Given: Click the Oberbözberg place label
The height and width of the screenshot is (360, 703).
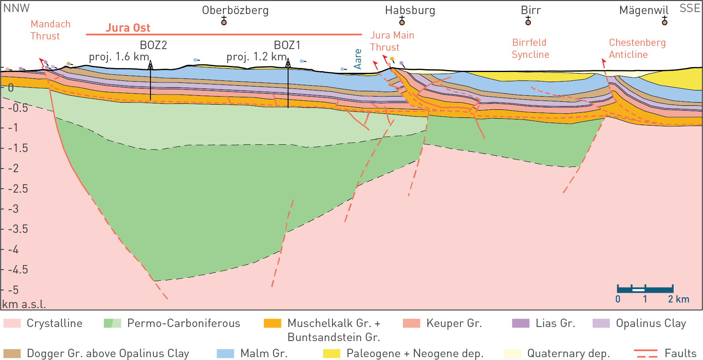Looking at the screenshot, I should [235, 10].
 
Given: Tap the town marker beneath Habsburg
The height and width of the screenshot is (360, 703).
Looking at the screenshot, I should [402, 22].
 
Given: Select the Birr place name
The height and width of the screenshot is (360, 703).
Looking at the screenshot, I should [531, 10].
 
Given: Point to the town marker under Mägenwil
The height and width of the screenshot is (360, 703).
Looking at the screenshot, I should [664, 22].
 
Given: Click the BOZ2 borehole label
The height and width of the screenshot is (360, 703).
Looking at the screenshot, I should [153, 45].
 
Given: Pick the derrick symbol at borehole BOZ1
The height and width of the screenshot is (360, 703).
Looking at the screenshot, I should [288, 63].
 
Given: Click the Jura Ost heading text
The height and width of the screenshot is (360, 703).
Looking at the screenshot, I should [128, 28].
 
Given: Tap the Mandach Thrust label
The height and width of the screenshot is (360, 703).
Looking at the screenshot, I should [50, 30].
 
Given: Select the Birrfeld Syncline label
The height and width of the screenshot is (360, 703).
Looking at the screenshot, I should [530, 48].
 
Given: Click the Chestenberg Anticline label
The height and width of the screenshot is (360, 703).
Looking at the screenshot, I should [637, 48].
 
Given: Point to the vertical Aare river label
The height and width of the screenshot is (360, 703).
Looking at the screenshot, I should [357, 59].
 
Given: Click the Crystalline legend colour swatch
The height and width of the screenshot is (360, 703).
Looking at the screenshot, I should [12, 323].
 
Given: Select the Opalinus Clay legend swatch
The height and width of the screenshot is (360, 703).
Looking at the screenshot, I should [601, 323].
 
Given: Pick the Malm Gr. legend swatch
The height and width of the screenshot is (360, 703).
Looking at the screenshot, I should [225, 354].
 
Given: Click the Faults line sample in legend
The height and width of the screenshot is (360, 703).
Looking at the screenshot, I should [645, 354].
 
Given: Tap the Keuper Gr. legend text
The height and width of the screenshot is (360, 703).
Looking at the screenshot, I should [454, 323].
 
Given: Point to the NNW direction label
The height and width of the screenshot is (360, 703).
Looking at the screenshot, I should [16, 8].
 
